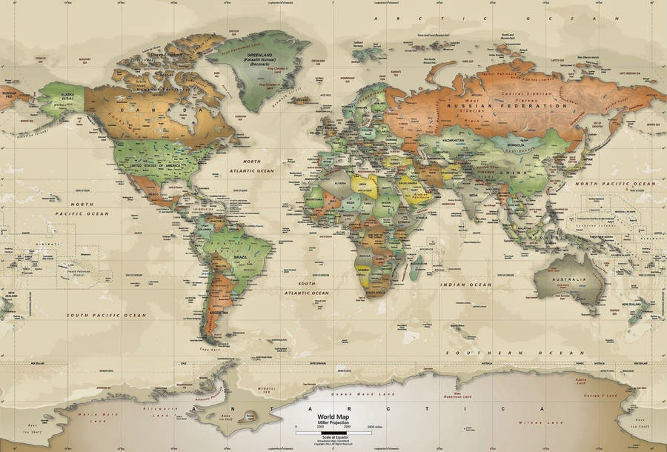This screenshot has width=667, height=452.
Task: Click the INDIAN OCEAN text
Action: click(465, 285)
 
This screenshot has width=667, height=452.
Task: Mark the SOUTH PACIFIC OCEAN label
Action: click(107, 315)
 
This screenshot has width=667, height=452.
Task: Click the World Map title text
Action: click(316, 417)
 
